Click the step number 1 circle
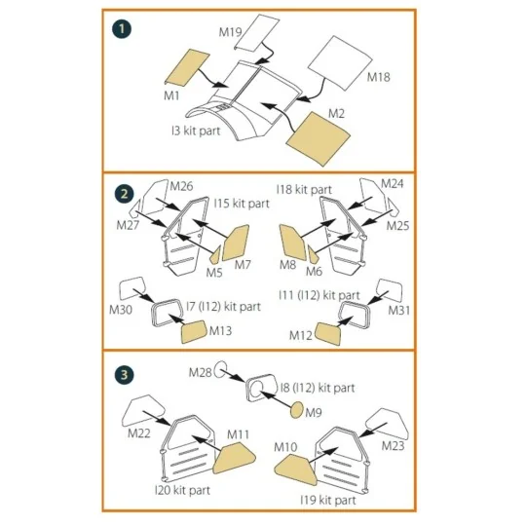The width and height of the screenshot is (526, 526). (122, 29)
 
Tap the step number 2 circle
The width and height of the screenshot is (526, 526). (124, 194)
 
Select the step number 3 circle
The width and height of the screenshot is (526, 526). (124, 375)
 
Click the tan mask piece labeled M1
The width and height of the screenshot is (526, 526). (187, 67)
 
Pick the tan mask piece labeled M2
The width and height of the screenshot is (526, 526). (318, 139)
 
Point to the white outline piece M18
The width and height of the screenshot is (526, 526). (340, 62)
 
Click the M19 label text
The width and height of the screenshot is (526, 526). (230, 32)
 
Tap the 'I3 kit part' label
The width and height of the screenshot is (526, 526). (196, 131)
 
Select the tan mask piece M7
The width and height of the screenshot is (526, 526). (236, 243)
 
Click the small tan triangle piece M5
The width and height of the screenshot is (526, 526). (215, 255)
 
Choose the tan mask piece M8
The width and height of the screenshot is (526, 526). (292, 243)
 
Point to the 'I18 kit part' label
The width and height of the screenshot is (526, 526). (304, 190)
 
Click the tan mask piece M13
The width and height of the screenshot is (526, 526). (194, 331)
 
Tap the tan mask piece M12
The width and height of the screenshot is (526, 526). (328, 333)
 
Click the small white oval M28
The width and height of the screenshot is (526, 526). (221, 370)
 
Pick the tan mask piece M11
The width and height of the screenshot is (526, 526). (234, 458)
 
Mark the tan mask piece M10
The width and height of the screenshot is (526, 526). (296, 470)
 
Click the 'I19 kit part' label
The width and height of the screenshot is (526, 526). (327, 500)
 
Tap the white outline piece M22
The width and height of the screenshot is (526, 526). (143, 411)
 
